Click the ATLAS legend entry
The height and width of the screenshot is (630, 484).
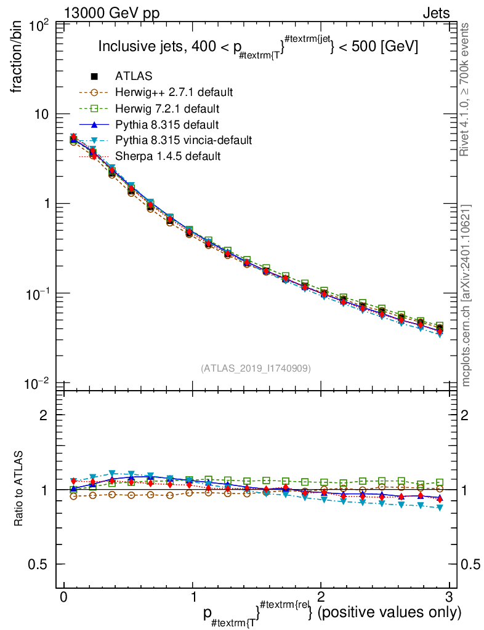click(x=134, y=76)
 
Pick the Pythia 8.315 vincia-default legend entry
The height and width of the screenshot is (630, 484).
click(x=184, y=140)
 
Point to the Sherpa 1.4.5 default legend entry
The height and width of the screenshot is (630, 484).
click(x=167, y=156)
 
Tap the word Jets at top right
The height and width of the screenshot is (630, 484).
click(x=435, y=14)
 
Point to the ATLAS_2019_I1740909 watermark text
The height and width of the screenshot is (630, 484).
click(x=256, y=368)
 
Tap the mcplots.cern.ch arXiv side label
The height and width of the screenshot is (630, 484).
click(x=466, y=295)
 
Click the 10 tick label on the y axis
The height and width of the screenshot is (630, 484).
click(x=44, y=114)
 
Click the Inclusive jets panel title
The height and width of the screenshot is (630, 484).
click(x=259, y=47)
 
